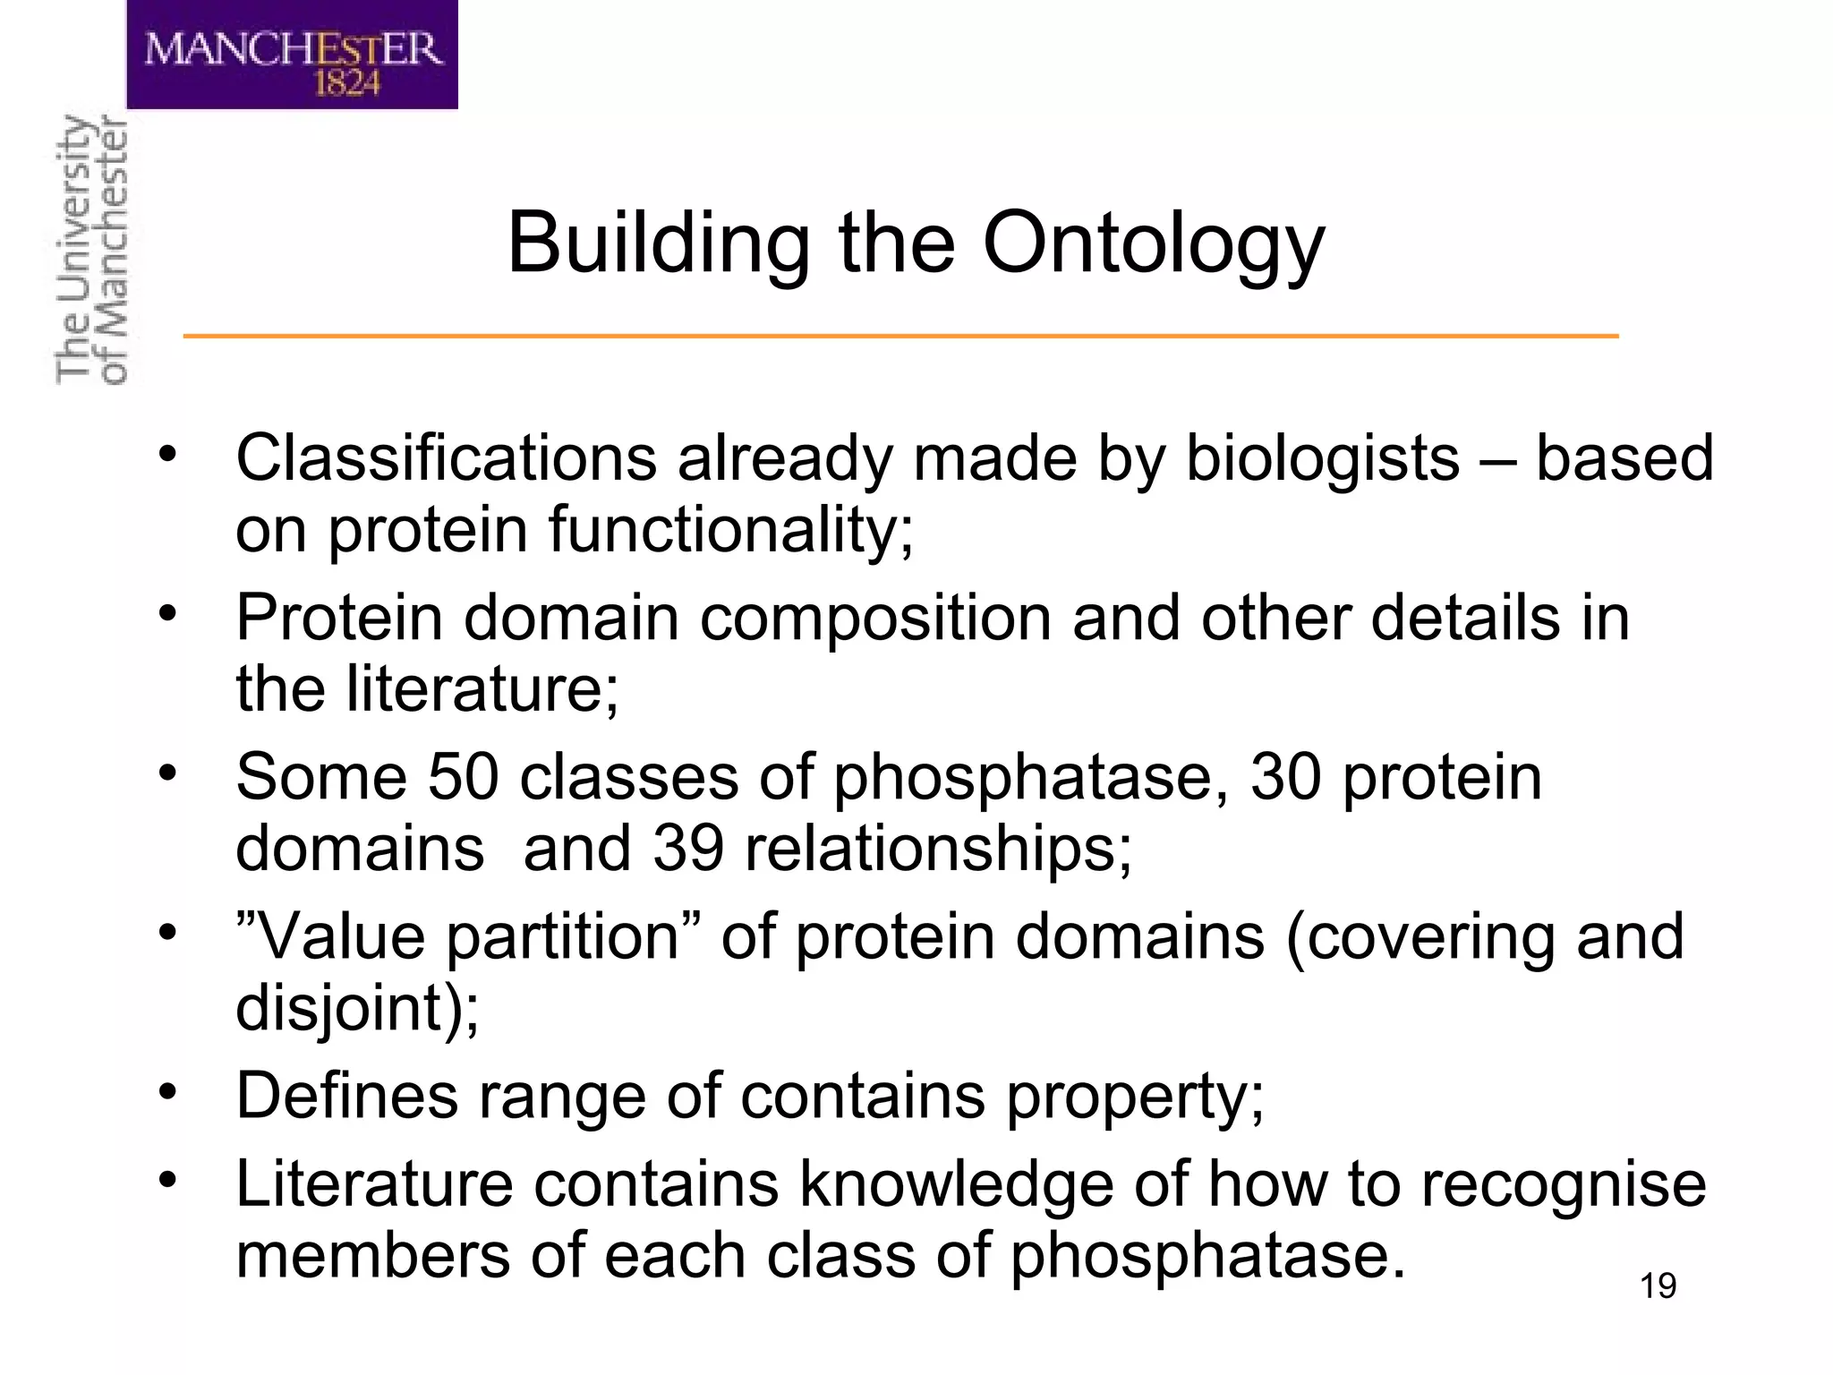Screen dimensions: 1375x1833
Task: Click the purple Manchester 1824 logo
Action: pyautogui.click(x=292, y=55)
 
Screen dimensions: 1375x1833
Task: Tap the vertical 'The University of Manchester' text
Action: pyautogui.click(x=91, y=251)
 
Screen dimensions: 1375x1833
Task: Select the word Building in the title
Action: pyautogui.click(x=659, y=243)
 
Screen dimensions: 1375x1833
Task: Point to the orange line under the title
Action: pyautogui.click(x=900, y=336)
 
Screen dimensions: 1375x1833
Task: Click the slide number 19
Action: pyautogui.click(x=1658, y=1286)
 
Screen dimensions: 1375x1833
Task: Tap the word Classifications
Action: pyautogui.click(x=446, y=458)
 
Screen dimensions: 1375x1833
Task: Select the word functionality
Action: pyautogui.click(x=731, y=530)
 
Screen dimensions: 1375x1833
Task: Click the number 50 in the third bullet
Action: pyautogui.click(x=463, y=776)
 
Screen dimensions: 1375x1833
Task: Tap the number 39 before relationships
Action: pyautogui.click(x=687, y=848)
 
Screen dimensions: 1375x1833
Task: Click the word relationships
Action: pyautogui.click(x=938, y=850)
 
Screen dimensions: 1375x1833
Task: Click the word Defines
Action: pyautogui.click(x=346, y=1096)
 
